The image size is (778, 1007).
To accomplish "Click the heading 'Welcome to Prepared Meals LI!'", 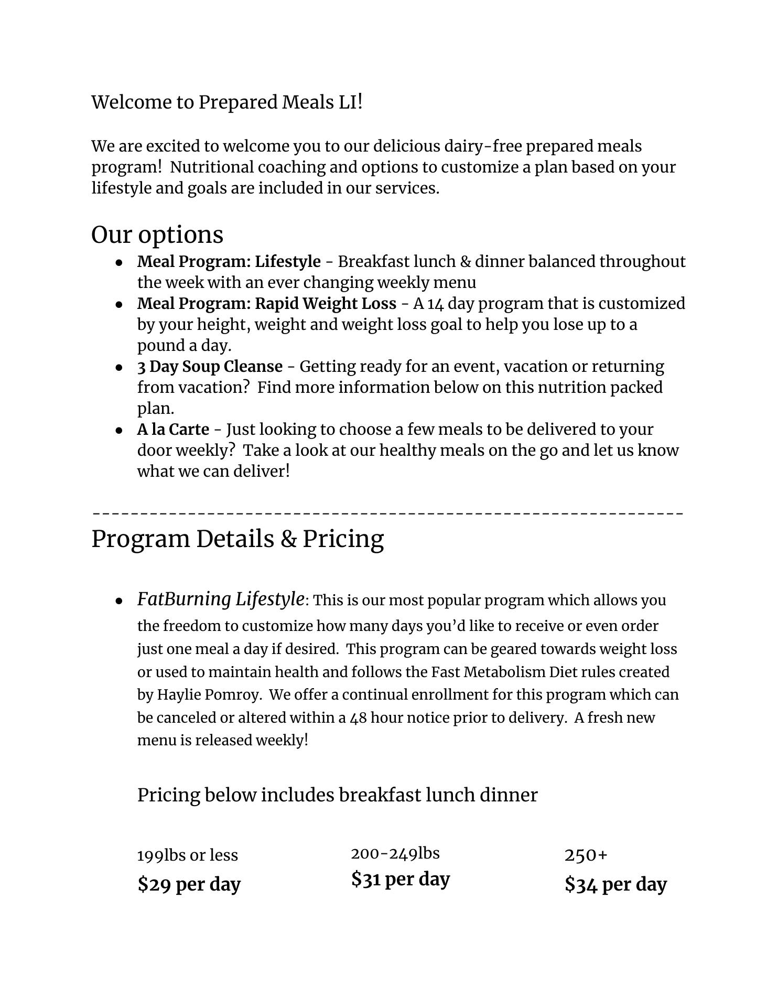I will click(227, 102).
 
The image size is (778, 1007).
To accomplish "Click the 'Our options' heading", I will click(157, 234).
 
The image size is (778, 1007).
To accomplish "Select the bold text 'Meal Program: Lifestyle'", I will click(229, 261).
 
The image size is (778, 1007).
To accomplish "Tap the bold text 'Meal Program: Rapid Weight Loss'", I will click(266, 303).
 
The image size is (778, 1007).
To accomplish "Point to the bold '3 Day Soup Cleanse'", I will click(210, 366).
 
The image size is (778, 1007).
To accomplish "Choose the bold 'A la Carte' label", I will click(173, 429).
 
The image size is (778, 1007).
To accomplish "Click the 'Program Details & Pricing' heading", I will click(237, 539).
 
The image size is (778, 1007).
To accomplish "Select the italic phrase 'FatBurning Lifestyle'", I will click(220, 599).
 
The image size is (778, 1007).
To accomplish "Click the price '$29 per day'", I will click(189, 884).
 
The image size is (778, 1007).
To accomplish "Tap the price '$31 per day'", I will click(401, 879).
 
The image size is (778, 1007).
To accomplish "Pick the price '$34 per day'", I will click(615, 884).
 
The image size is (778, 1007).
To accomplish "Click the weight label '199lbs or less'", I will click(187, 855).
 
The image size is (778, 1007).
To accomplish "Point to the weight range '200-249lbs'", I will click(395, 853).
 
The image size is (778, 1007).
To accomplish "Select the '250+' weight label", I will click(586, 855).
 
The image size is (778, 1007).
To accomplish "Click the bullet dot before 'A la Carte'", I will click(120, 430).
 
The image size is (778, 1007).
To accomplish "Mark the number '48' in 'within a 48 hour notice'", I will click(358, 717).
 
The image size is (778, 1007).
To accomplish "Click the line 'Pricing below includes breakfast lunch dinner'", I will click(337, 795).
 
